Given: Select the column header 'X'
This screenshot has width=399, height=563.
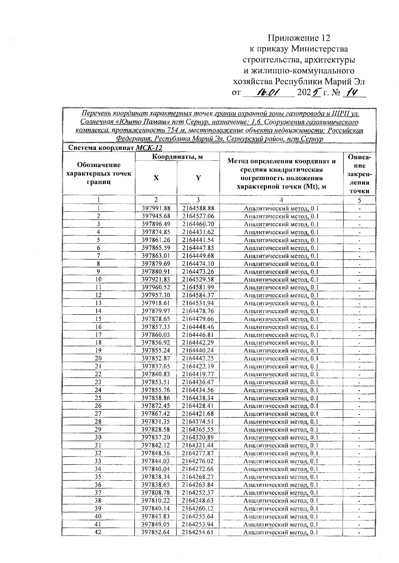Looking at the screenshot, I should pos(156,178).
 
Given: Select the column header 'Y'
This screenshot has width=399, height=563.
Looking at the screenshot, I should pos(198,178).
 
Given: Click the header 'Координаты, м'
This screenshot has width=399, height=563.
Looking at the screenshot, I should pos(177,157).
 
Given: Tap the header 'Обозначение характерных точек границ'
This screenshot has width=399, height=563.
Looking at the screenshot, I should pos(99,173).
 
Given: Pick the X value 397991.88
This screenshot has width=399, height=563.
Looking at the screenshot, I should pos(156,209).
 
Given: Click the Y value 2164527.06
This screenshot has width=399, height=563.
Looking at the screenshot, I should pos(198,216).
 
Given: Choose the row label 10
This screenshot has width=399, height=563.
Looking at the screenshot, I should pos(99,280).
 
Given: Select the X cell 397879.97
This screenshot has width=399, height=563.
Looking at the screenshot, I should pos(156,311).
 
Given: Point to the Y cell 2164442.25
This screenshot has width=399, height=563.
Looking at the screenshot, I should pos(198,358).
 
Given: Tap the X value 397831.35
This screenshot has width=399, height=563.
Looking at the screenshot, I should pos(156,422).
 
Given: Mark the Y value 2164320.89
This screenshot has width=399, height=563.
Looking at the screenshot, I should pos(198,438).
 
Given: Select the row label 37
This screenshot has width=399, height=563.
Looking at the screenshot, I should pos(98,493).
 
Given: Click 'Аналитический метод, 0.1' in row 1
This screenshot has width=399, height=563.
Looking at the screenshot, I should pos(281,209).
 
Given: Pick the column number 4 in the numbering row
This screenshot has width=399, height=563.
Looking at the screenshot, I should pos(281,200).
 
